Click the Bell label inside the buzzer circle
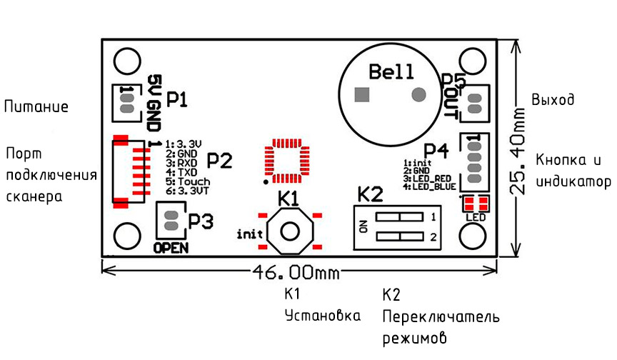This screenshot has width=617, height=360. (391, 72)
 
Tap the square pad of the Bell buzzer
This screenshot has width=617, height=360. (362, 94)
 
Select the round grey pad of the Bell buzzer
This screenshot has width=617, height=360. (418, 94)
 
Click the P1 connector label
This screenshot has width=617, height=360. (177, 99)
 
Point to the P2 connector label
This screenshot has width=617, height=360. (219, 161)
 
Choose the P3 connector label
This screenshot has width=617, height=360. (201, 221)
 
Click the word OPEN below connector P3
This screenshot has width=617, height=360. (171, 249)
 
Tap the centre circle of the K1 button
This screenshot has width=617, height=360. (291, 231)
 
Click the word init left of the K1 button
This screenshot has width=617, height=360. (249, 234)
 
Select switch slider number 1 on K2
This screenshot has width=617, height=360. (399, 217)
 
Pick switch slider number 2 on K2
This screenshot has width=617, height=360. (399, 236)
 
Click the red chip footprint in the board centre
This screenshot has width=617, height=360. (287, 161)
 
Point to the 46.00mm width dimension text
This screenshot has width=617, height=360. (296, 272)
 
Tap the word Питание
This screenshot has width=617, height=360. (36, 106)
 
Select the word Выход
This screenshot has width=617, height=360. (553, 99)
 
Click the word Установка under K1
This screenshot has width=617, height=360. (323, 316)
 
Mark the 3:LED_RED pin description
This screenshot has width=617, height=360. (427, 179)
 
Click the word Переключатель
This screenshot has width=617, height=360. (441, 316)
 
